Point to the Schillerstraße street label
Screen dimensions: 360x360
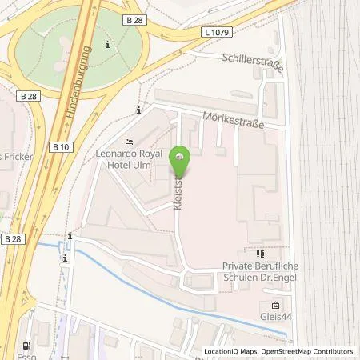(x=254, y=58)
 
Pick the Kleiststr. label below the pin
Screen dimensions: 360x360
(x=177, y=191)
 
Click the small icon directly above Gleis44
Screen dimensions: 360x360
(x=275, y=305)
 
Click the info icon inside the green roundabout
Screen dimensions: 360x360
(x=107, y=45)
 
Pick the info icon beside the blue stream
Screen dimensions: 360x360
(x=70, y=236)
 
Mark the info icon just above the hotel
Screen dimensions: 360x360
(x=139, y=110)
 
